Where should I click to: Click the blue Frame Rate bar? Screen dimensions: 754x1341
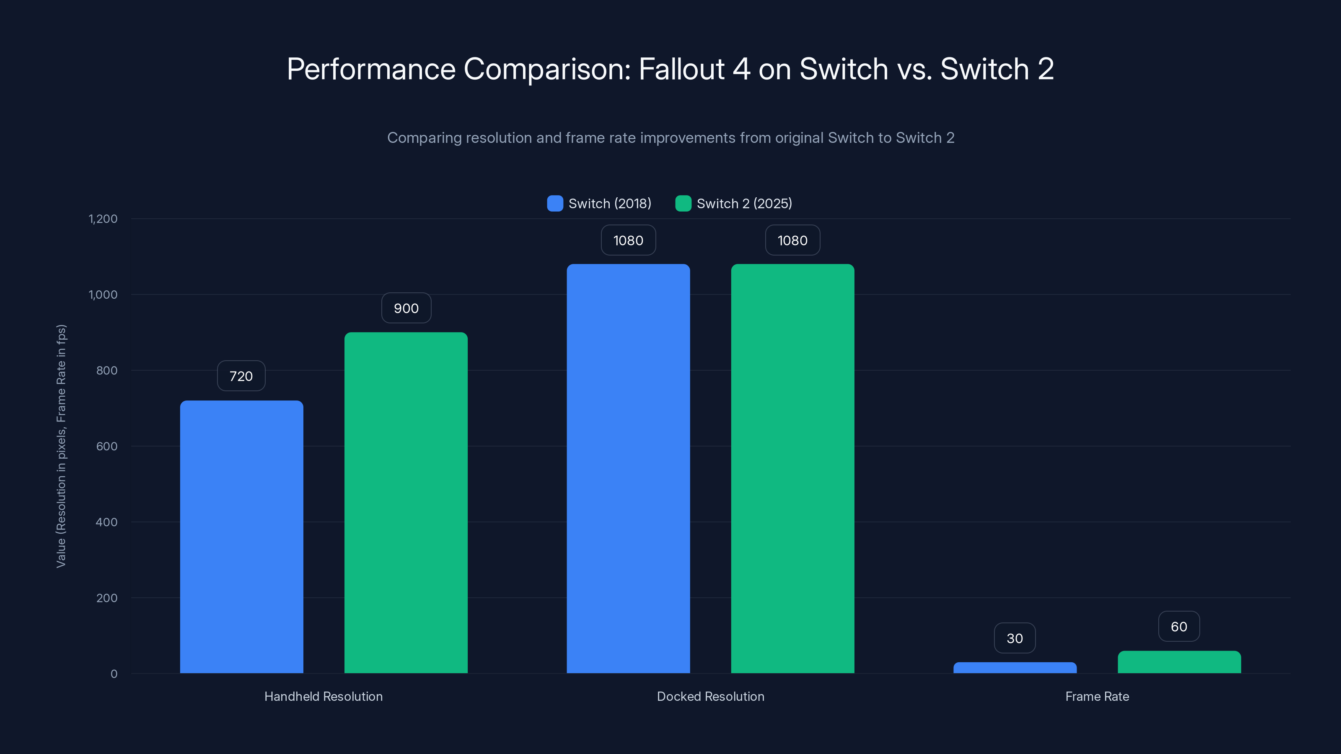[x=1015, y=668]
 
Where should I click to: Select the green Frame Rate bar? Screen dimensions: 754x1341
[x=1179, y=662]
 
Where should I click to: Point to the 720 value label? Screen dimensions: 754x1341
[x=241, y=376]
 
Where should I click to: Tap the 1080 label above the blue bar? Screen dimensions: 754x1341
[x=628, y=240]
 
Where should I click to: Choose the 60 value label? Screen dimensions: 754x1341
[x=1179, y=627]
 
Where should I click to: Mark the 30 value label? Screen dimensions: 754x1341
[x=1015, y=638]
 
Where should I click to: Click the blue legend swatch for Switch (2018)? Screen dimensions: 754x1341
[x=555, y=204]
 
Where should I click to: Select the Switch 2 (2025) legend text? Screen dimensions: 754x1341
[x=744, y=204]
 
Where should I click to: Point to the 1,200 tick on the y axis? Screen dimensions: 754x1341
[x=103, y=219]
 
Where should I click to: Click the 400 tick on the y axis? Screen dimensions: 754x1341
[x=107, y=522]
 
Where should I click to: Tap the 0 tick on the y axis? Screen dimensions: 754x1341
[x=114, y=674]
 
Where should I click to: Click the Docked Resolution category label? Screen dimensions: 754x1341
[x=711, y=696]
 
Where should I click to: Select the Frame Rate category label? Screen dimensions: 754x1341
[x=1097, y=696]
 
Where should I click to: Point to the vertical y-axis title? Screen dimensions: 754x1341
[x=61, y=446]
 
